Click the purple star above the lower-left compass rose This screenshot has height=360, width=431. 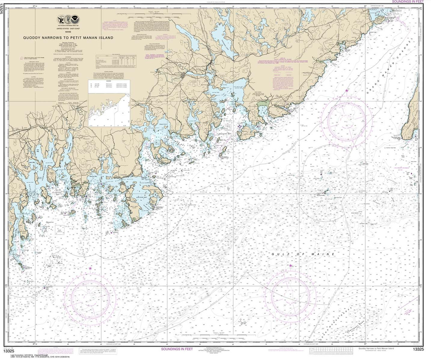coord(90,268)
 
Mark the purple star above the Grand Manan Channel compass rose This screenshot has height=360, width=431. coord(347,90)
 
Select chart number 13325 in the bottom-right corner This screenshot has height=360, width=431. coord(418,352)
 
